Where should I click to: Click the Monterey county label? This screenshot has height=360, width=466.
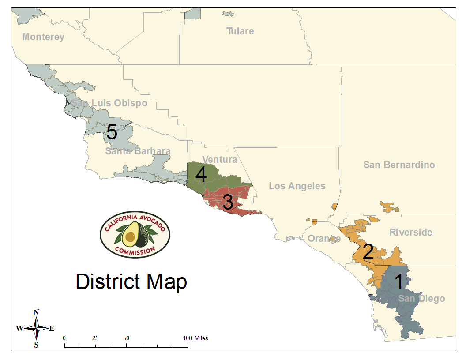coord(43,37)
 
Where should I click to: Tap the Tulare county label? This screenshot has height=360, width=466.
coord(240,31)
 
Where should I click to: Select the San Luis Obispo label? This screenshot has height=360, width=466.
coord(109,103)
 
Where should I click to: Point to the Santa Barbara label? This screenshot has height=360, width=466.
coord(138,151)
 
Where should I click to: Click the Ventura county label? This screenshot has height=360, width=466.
coord(219,159)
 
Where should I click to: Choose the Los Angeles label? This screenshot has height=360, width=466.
coord(297,186)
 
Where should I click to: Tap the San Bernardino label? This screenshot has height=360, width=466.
coord(399,165)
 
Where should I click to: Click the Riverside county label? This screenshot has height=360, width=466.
coord(410,232)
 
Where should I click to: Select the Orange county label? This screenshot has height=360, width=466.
coord(324,239)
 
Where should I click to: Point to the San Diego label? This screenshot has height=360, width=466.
coord(421,299)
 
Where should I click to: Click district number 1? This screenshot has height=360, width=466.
coord(398,282)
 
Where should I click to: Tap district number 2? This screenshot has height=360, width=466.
coord(368,252)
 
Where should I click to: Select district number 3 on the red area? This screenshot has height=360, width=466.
coord(228,202)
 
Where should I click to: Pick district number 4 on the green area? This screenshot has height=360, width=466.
coord(201,175)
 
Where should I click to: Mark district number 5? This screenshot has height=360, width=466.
coord(112,132)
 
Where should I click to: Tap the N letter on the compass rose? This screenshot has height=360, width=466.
coord(36,313)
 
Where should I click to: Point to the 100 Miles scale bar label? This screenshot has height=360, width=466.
coord(195,338)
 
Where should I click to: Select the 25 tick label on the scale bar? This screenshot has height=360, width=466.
coord(95,338)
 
